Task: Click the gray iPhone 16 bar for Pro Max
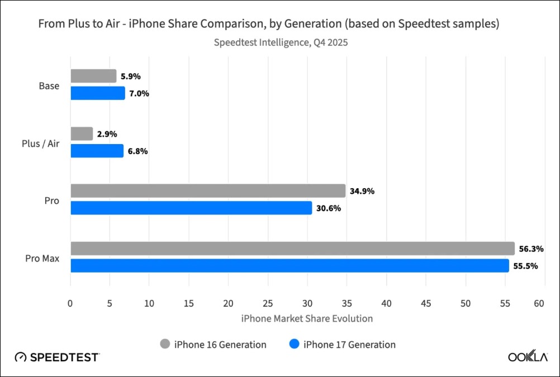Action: pyautogui.click(x=292, y=249)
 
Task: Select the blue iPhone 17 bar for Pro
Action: pyautogui.click(x=191, y=208)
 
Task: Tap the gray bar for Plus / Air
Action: pyautogui.click(x=82, y=134)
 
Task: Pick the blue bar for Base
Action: pyautogui.click(x=98, y=93)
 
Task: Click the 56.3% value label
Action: pyautogui.click(x=531, y=249)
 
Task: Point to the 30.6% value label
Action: pyautogui.click(x=328, y=208)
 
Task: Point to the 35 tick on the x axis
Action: pyautogui.click(x=347, y=303)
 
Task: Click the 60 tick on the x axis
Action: pyautogui.click(x=539, y=303)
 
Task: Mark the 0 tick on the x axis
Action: pyautogui.click(x=70, y=303)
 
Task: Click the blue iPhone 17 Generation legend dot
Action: pyautogui.click(x=294, y=344)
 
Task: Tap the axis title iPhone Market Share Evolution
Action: pyautogui.click(x=307, y=318)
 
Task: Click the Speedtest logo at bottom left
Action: pyautogui.click(x=58, y=357)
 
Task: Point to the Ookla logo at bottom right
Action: pyautogui.click(x=527, y=357)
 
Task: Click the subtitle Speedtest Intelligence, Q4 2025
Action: pyautogui.click(x=281, y=42)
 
